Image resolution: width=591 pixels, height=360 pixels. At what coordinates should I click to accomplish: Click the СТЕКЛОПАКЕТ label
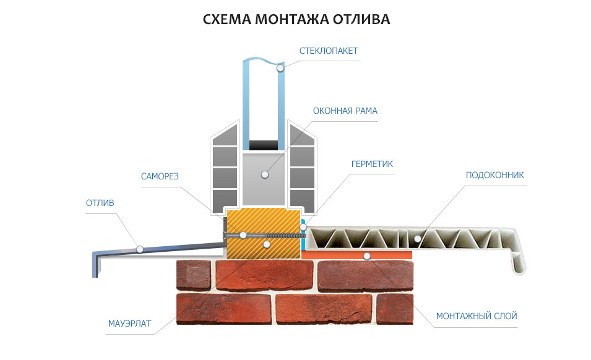[x=329, y=51]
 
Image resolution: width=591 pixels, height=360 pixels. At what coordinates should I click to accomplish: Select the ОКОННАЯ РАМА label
[x=345, y=111]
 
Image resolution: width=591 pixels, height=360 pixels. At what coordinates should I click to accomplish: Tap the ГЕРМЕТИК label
[x=372, y=164]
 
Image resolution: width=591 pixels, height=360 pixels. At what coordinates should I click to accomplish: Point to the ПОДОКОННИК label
[x=495, y=175]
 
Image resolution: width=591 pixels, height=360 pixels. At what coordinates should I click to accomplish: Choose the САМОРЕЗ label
[x=160, y=176]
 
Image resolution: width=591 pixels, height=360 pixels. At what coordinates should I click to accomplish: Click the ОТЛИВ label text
[x=100, y=203]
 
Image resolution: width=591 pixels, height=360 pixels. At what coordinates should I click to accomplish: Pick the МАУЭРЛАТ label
[x=130, y=324]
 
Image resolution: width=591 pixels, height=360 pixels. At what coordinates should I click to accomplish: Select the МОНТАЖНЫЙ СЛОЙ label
[x=477, y=316]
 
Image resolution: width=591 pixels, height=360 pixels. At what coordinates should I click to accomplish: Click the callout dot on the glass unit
[x=280, y=68]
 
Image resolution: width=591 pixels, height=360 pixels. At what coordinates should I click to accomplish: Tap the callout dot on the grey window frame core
[x=265, y=174]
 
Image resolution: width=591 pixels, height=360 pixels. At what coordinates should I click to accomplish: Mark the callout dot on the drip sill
[x=139, y=249]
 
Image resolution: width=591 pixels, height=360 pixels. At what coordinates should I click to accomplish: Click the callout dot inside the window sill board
[x=418, y=238]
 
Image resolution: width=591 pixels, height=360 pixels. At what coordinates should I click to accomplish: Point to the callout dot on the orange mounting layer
[x=367, y=257]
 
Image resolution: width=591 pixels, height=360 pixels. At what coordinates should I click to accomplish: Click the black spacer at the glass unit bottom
[x=264, y=145]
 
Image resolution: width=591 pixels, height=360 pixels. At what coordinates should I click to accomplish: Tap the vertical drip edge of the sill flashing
[x=95, y=265]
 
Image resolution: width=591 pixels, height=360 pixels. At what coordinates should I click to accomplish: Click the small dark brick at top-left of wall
[x=194, y=275]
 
